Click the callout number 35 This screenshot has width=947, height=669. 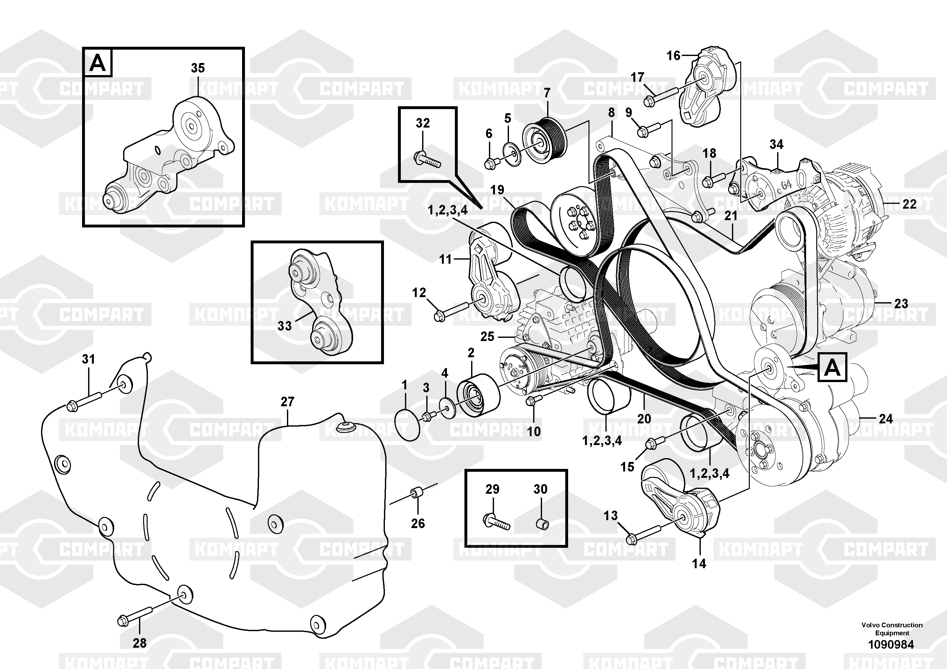[x=198, y=68]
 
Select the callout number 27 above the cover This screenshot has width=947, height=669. [x=288, y=401]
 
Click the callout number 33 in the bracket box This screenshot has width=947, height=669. [x=285, y=326]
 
